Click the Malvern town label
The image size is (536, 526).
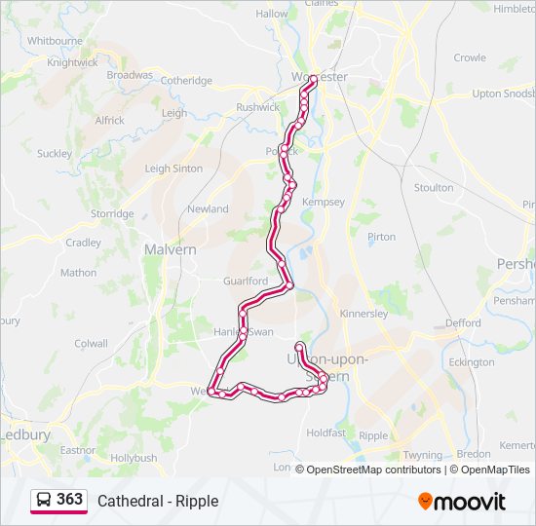coord(170,249)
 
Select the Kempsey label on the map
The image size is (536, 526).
coord(324,202)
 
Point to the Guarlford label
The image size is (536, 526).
coord(245,281)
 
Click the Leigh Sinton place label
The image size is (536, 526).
coord(173,169)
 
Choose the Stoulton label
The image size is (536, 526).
coord(434,187)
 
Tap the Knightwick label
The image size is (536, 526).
coord(73,62)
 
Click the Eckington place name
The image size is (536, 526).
coord(473,362)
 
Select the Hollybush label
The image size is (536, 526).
coord(134,457)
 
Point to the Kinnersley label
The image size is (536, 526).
coord(364,314)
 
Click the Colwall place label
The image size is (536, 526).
coord(91,343)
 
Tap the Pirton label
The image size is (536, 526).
coord(381,237)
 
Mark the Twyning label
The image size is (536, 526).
coord(422,455)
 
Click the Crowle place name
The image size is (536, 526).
coord(469,57)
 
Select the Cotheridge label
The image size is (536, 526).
coord(186,81)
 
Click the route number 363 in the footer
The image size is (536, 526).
coord(70,499)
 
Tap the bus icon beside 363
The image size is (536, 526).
coord(44,500)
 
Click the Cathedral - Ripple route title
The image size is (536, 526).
coord(158,501)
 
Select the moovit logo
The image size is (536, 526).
coord(462,501)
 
